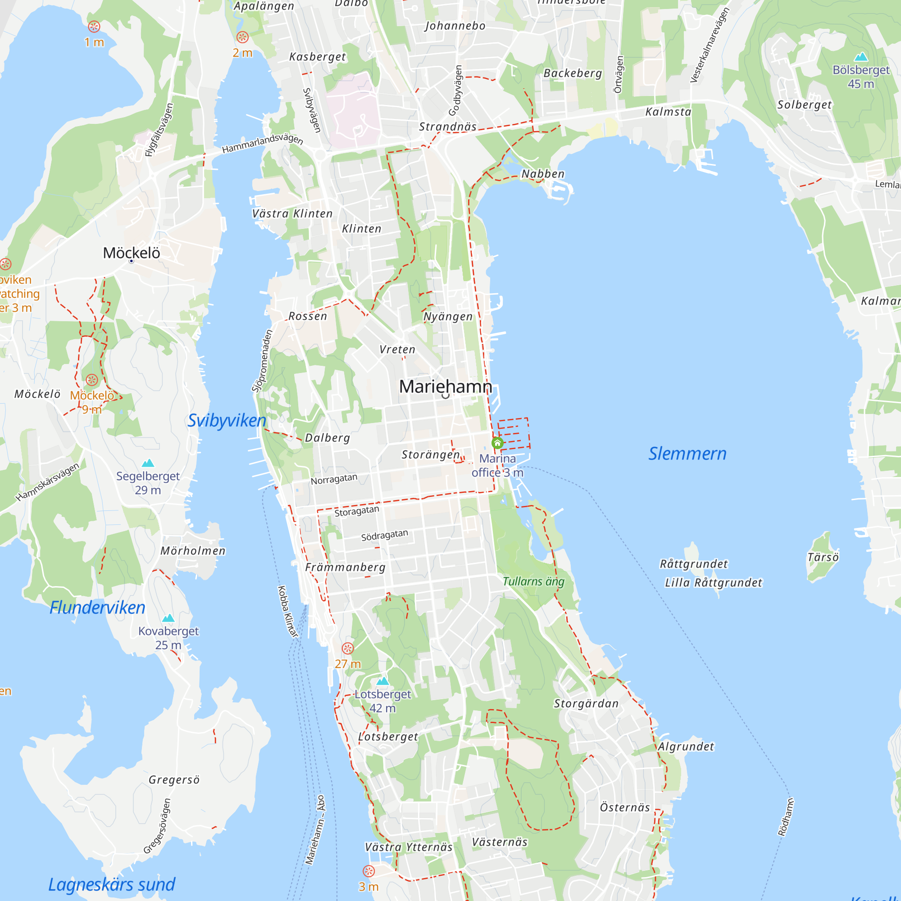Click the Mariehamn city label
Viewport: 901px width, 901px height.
point(446,387)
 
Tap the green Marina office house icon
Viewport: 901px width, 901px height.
point(497,442)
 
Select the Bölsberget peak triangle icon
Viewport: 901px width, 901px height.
point(861,57)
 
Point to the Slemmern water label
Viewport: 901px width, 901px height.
point(687,454)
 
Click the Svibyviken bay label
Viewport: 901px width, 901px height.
point(227,421)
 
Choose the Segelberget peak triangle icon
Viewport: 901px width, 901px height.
point(148,463)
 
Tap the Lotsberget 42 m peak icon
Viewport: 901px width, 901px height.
point(382,681)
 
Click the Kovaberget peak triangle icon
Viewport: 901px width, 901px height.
point(168,619)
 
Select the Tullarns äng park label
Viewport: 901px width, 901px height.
point(533,582)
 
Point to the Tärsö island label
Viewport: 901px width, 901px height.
point(823,557)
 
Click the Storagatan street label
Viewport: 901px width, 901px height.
point(357,511)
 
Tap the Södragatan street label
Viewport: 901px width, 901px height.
point(384,535)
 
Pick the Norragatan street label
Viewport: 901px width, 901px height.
point(334,479)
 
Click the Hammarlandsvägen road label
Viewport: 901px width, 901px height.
point(263,143)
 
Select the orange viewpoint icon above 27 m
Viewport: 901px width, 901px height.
point(347,648)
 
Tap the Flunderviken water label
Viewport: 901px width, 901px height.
point(97,608)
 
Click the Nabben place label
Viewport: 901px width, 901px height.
point(543,174)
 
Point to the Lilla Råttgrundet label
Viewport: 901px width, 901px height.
point(714,583)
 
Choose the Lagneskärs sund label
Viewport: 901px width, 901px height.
point(112,885)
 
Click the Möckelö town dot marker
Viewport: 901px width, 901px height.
point(132,261)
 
